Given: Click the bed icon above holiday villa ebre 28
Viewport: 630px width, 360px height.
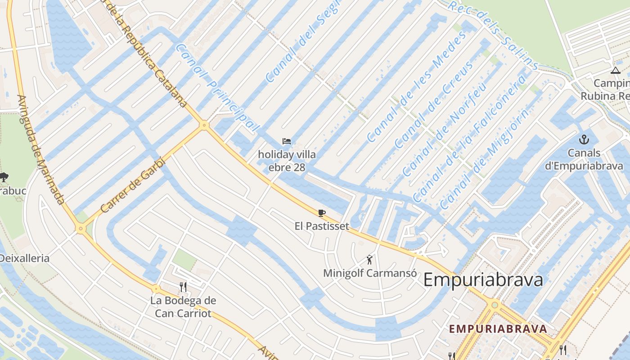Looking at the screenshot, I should tap(287, 141).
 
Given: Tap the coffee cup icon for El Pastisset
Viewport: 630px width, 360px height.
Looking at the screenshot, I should tap(321, 213).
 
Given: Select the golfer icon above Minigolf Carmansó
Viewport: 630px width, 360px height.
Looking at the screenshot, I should tap(369, 260).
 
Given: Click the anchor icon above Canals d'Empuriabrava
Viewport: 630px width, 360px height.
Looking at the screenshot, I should tap(584, 139).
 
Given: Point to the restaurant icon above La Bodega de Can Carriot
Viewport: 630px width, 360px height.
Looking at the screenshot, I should tap(183, 287).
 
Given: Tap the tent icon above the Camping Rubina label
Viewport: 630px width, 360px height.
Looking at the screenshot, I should tap(616, 70).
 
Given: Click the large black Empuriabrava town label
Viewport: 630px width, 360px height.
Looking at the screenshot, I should tap(483, 280).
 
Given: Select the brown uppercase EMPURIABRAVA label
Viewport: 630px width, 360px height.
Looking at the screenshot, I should tap(498, 328).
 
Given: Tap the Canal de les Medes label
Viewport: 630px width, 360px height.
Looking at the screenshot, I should tap(416, 87).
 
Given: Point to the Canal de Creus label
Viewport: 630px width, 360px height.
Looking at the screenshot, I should tap(434, 105).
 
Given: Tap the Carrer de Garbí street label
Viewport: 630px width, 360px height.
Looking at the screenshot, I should tap(133, 185).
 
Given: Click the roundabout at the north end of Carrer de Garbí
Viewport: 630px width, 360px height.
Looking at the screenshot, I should tap(204, 125).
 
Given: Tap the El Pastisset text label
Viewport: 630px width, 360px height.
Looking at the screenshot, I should tap(322, 226).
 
